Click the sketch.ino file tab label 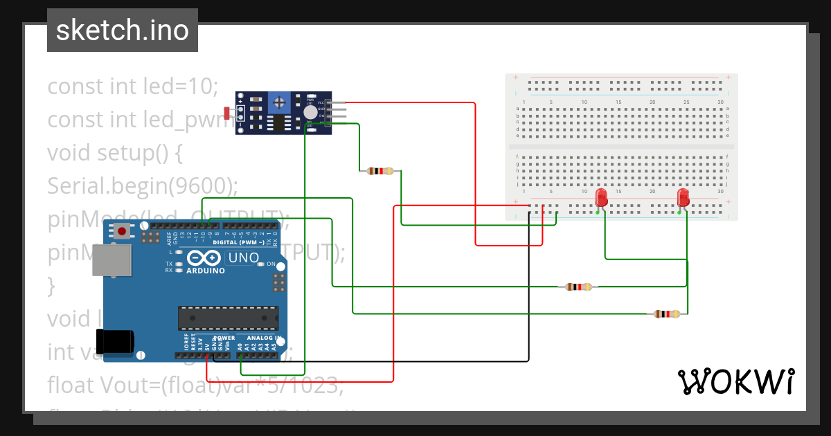click(122, 30)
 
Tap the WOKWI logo click(735, 381)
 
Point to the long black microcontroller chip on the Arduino click(228, 318)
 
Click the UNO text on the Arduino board click(244, 258)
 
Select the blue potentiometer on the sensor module click(279, 103)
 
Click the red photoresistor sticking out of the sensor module click(228, 112)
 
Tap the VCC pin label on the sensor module click(321, 102)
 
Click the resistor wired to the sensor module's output click(379, 171)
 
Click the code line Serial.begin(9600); click(142, 185)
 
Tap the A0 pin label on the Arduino click(240, 345)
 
